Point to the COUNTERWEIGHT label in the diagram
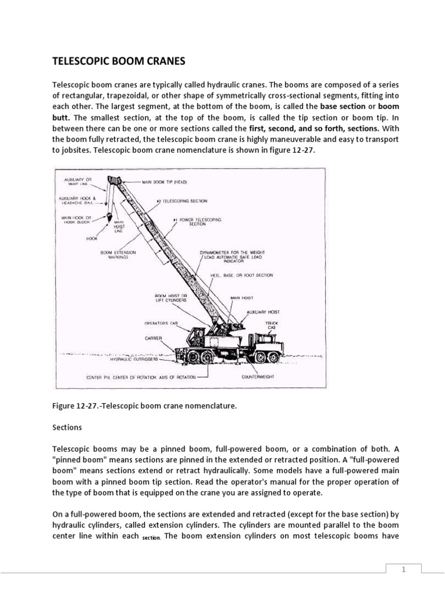pyautogui.click(x=258, y=376)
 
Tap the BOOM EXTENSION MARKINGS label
pyautogui.click(x=117, y=255)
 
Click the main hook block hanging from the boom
pyautogui.click(x=110, y=217)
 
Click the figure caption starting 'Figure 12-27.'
pyautogui.click(x=144, y=406)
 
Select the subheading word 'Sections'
pyautogui.click(x=67, y=427)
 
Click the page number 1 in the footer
pyautogui.click(x=405, y=570)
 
